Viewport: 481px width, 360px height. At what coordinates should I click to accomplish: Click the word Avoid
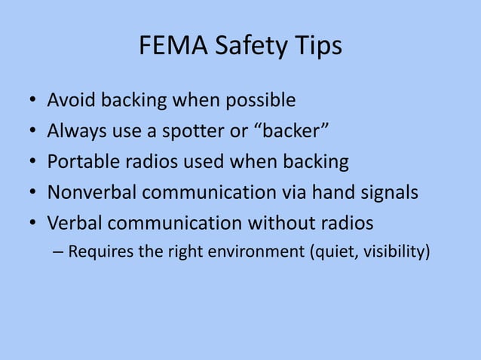coord(70,100)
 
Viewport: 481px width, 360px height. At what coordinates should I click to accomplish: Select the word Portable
coord(81,162)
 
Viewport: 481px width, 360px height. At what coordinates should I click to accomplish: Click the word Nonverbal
coord(91,193)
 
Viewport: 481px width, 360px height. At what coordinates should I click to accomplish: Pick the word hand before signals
coord(329,193)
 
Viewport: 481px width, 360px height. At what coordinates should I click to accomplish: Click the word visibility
coord(395,251)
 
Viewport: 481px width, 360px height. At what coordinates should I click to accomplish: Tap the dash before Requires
coord(60,252)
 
